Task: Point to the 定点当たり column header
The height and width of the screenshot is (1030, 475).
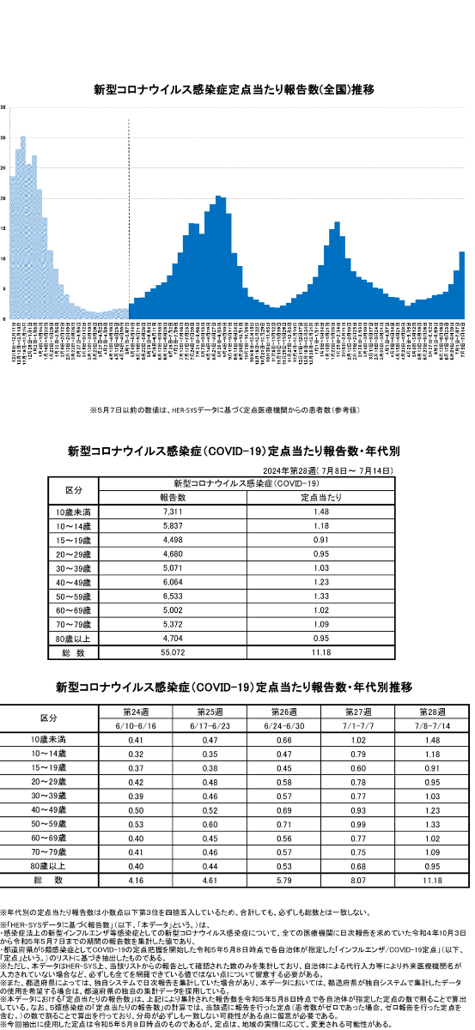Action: [x=323, y=497]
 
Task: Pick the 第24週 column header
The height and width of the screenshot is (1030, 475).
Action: [x=137, y=712]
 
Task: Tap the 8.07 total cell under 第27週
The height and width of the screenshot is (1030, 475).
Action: [x=356, y=881]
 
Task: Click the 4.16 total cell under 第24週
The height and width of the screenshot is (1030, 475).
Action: [x=135, y=881]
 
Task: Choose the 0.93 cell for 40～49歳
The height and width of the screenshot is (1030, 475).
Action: [x=356, y=809]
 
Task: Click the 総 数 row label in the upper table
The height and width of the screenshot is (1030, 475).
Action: [x=74, y=652]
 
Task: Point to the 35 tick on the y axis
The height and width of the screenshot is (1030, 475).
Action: [x=3, y=107]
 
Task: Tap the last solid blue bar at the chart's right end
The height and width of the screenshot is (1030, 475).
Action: [x=462, y=283]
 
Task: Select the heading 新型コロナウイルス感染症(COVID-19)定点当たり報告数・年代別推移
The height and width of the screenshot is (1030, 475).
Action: [x=234, y=688]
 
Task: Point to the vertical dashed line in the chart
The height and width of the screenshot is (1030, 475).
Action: [x=128, y=215]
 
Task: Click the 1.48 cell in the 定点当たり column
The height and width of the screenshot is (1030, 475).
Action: [x=323, y=512]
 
